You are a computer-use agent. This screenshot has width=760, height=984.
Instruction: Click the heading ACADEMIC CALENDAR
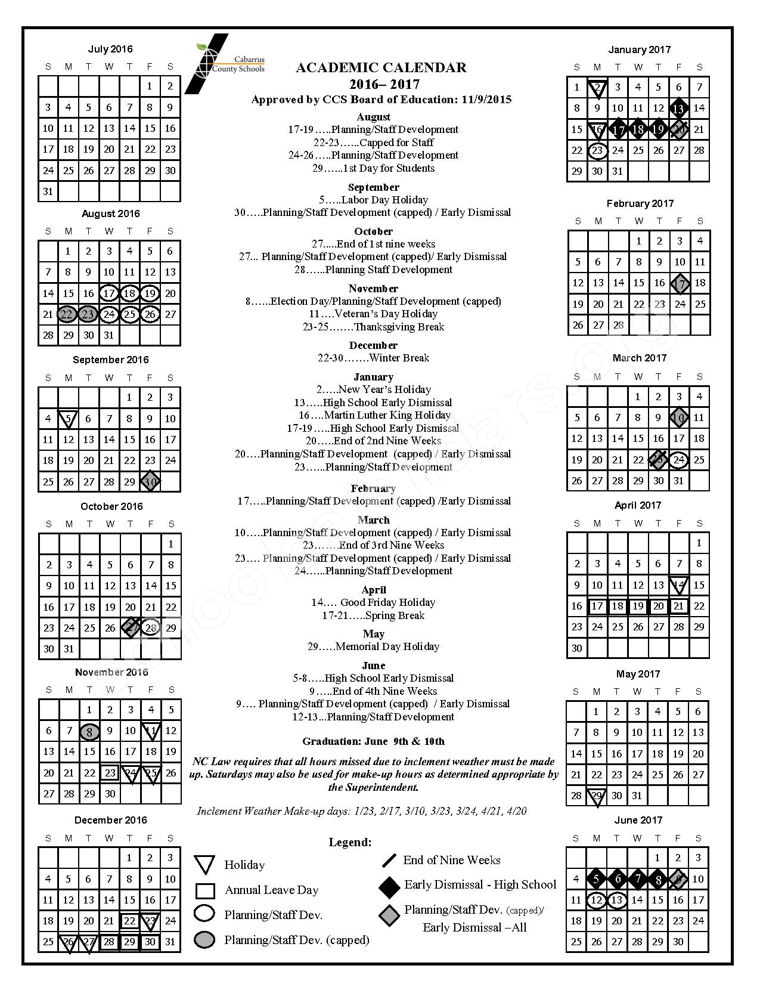(381, 68)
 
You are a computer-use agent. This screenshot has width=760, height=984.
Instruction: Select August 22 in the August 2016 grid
(68, 314)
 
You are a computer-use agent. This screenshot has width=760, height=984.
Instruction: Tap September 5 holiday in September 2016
(68, 419)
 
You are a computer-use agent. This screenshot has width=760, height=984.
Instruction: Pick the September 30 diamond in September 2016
(150, 481)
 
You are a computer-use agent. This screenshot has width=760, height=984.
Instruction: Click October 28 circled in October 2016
(151, 627)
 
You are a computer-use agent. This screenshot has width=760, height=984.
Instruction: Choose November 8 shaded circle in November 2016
(89, 731)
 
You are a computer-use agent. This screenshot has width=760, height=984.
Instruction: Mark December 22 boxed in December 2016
(129, 921)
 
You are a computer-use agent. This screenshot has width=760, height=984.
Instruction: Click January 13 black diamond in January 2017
(678, 109)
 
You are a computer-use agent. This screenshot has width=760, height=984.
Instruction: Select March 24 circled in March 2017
(678, 460)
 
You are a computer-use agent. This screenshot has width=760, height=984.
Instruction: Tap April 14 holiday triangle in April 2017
(678, 585)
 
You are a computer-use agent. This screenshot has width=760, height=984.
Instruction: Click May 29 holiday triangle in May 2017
(596, 796)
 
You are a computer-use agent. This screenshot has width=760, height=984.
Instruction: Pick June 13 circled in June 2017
(616, 900)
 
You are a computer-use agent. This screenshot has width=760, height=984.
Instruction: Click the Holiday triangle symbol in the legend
(204, 865)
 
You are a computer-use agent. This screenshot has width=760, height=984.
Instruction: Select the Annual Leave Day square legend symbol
(204, 890)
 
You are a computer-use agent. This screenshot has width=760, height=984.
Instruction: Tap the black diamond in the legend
(389, 886)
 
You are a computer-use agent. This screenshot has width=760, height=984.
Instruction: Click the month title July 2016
(110, 49)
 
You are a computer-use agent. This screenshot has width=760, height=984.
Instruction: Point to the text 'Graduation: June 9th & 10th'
(373, 742)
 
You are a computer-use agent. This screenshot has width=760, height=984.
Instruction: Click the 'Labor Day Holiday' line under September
(373, 200)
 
